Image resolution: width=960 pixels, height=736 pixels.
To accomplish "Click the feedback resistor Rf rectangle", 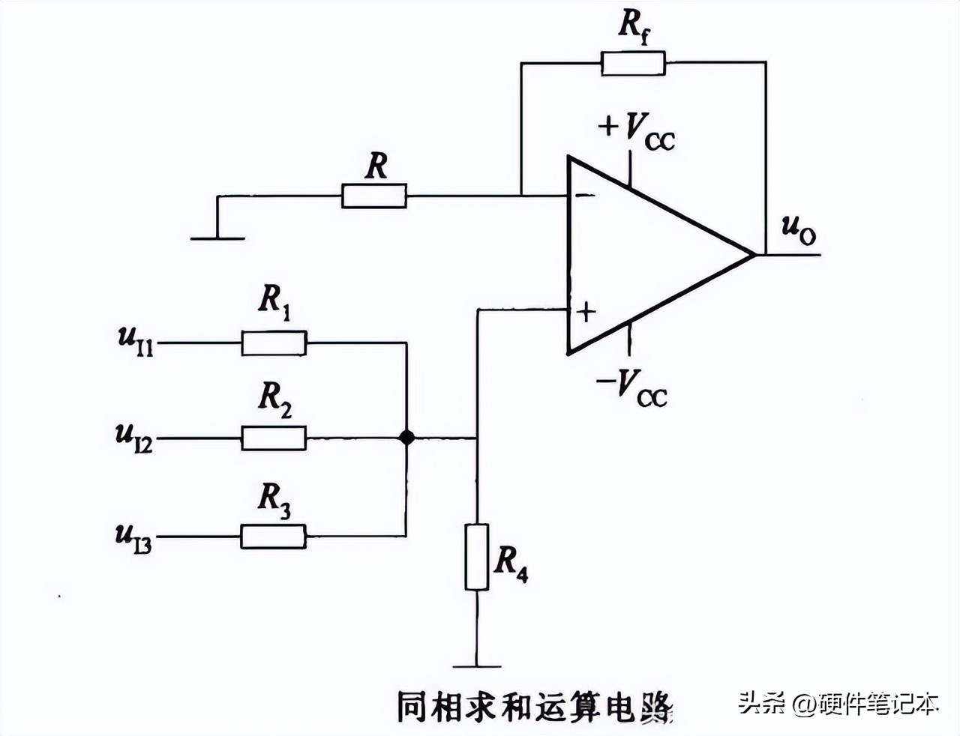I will pos(633,64).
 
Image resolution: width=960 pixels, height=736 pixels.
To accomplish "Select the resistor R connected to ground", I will pos(374,196).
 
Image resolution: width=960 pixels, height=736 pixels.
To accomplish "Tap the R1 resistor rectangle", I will pos(274,343).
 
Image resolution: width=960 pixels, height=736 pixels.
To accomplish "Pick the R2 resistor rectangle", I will pos(274,438).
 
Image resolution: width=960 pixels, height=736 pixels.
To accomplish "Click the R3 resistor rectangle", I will pos(274,537).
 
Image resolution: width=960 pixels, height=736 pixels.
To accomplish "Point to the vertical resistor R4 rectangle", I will pos(476,557).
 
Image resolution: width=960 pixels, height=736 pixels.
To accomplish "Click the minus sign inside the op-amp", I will pos(582,196).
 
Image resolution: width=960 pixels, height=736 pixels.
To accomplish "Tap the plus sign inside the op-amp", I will pos(585,310).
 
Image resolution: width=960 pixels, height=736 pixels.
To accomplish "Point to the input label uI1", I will pos(136,340).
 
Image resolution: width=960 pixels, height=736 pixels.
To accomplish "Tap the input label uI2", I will pos(134,436).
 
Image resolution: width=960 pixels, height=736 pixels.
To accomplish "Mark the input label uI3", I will pos(133,537).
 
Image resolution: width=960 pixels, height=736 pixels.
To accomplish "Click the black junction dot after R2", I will pos(406,438).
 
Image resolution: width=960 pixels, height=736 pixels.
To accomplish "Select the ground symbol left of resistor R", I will pos(217,237).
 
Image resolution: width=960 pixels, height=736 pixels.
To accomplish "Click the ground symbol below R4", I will pos(476,665).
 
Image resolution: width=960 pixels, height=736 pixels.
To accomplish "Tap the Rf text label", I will pos(634,26).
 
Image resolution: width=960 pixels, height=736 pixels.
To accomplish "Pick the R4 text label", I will pos(511,563).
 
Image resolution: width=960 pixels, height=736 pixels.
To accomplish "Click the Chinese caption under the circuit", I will pos(533,706).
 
